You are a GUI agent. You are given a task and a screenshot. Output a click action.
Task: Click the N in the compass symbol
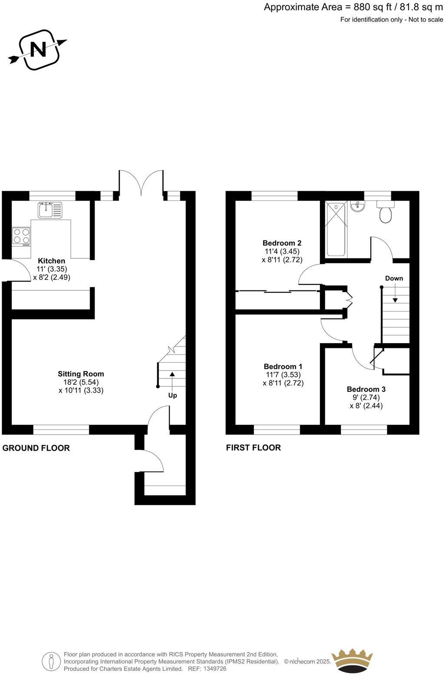pyautogui.click(x=38, y=49)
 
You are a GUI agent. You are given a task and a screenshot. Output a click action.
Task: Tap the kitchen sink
pyautogui.click(x=50, y=210)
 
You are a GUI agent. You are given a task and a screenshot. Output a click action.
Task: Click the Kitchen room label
pyautogui.click(x=52, y=261)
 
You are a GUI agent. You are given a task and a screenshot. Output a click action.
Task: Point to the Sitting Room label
pyautogui.click(x=81, y=374)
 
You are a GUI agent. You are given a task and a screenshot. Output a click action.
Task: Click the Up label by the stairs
pyautogui.click(x=173, y=395)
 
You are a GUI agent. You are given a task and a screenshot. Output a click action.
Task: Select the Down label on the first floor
pyautogui.click(x=394, y=278)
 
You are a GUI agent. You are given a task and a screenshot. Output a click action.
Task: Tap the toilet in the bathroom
pyautogui.click(x=385, y=212)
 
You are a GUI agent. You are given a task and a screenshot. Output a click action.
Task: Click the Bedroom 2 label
pyautogui.click(x=282, y=243)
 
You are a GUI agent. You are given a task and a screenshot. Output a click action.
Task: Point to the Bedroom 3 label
pyautogui.click(x=366, y=389)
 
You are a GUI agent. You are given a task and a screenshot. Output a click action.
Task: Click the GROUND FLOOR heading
pyautogui.click(x=36, y=448)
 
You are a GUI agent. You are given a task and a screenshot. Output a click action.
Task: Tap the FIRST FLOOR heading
pyautogui.click(x=253, y=448)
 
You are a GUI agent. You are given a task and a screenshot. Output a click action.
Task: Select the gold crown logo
pyautogui.click(x=352, y=661)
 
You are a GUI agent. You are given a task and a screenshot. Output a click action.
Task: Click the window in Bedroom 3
pyautogui.click(x=364, y=429)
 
